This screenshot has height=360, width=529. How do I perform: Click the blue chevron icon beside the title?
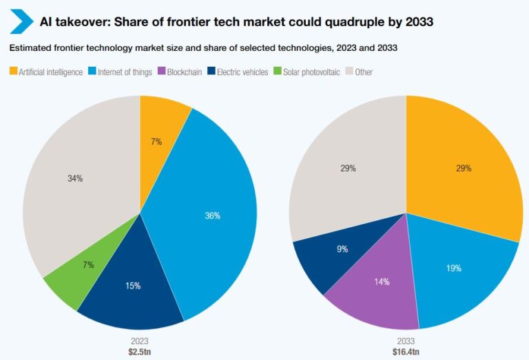(x=21, y=22)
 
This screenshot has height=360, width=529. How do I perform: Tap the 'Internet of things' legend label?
(x=127, y=72)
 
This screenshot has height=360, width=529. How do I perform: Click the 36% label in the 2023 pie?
(x=212, y=215)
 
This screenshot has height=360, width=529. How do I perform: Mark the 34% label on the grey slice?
(x=75, y=178)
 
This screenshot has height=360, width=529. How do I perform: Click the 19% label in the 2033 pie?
(x=453, y=268)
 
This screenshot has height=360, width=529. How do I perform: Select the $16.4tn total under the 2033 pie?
(x=406, y=352)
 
